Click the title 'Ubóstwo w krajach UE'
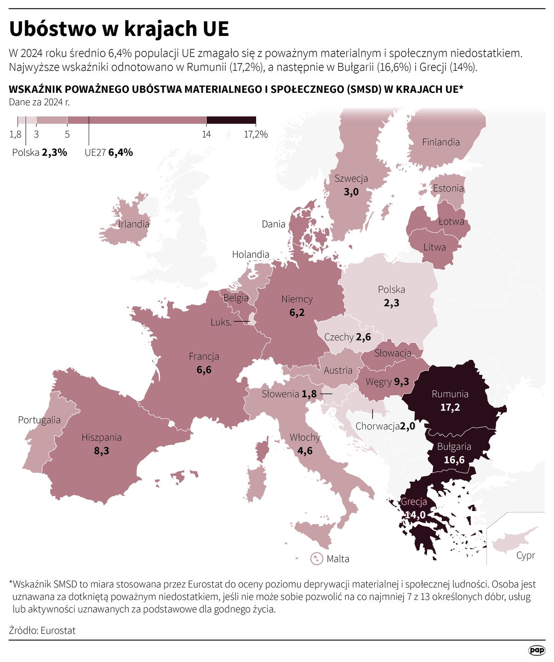point(119,29)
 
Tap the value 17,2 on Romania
point(450,407)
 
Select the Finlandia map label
point(440,142)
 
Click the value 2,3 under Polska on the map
point(391,303)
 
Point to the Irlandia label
point(134,224)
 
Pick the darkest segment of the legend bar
point(231,120)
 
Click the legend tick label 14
point(206,134)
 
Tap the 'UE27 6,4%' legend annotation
point(109,153)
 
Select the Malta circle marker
point(316,559)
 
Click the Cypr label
point(525,555)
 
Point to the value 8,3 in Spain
point(102,451)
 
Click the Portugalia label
point(39,420)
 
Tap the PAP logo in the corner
point(536,650)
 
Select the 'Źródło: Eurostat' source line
point(42,630)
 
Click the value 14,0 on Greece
point(415,515)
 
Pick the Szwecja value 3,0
point(351,192)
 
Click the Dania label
point(274,224)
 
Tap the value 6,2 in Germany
point(297,313)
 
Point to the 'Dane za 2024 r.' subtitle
point(39,102)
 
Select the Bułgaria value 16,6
point(454,460)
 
